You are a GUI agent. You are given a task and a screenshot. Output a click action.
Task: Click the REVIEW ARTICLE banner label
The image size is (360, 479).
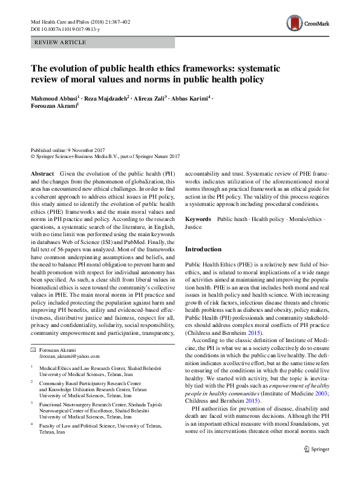tap(61, 42)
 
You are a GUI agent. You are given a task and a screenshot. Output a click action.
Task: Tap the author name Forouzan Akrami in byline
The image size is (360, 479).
tap(54, 105)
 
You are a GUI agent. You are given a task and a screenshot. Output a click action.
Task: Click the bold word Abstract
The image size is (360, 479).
tap(42, 173)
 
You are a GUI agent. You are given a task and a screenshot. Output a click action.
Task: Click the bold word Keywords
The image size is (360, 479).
tap(198, 219)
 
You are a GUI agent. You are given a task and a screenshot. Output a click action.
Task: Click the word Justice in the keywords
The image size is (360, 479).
tap(194, 227)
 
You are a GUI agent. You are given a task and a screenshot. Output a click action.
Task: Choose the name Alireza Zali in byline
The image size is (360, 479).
tap(149, 97)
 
